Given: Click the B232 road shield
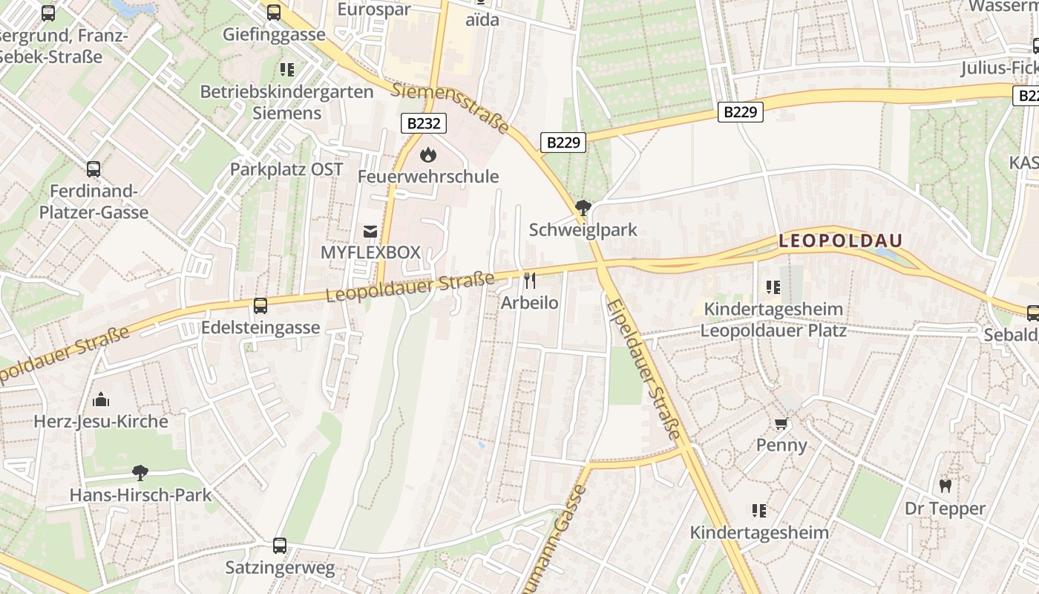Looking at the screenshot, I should click(424, 123).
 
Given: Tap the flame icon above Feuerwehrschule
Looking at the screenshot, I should click(427, 154).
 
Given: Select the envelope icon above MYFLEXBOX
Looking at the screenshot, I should click(370, 232).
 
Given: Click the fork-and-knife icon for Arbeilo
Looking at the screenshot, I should click(529, 280).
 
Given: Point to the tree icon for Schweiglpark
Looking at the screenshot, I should click(583, 208).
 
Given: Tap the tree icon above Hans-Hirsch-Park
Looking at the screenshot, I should click(140, 473).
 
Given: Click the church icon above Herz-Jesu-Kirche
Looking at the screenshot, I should click(101, 400).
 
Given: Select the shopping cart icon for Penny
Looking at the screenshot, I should click(781, 424).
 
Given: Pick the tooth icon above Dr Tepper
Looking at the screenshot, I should click(945, 486).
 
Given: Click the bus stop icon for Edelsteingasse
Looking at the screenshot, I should click(260, 306).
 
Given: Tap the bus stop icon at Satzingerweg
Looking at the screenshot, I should click(280, 546).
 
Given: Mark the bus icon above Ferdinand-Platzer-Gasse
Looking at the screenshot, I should click(94, 169).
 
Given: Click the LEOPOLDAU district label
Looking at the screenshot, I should click(840, 241).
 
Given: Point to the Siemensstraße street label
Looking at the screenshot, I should click(450, 108).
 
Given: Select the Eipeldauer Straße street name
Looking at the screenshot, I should click(643, 369).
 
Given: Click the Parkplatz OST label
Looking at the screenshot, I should click(286, 169).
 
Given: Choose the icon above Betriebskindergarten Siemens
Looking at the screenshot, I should click(287, 70).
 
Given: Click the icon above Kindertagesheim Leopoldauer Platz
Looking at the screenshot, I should click(773, 287).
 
